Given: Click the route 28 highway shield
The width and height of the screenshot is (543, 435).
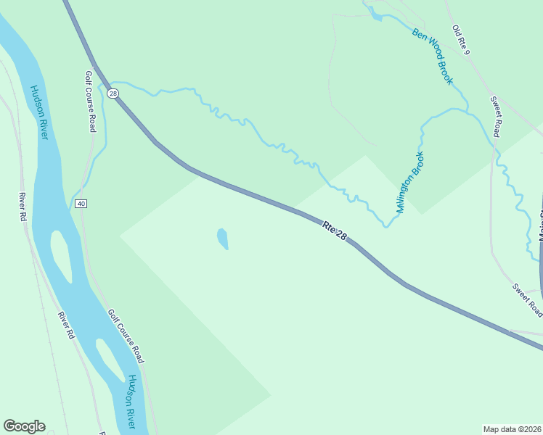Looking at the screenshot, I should point(113,93).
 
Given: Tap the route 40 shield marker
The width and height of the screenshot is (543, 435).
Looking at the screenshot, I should point(81,204).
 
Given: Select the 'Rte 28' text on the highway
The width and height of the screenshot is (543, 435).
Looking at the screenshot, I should point(335,231).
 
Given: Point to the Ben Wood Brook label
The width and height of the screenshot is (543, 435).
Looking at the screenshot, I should point(432,56).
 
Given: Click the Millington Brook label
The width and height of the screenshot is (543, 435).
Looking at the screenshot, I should point(410,181).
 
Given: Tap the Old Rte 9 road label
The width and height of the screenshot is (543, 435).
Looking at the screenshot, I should point(462,41).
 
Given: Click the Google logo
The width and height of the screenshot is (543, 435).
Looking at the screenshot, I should point(24,426).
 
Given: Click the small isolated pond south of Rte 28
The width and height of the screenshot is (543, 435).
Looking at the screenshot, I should point(222,239).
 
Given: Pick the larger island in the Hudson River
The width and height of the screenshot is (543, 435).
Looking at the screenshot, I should point(62,256).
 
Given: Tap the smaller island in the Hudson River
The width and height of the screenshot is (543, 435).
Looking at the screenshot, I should point(110,359).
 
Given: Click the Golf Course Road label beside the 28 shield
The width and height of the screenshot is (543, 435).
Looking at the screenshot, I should point(90,101).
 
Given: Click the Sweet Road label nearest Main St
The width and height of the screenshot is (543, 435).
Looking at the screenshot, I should point(527,299).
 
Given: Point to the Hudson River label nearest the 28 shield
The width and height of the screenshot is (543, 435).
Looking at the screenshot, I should point(38,112).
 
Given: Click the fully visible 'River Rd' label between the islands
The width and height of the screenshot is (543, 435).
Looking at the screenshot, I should point(66,326).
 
